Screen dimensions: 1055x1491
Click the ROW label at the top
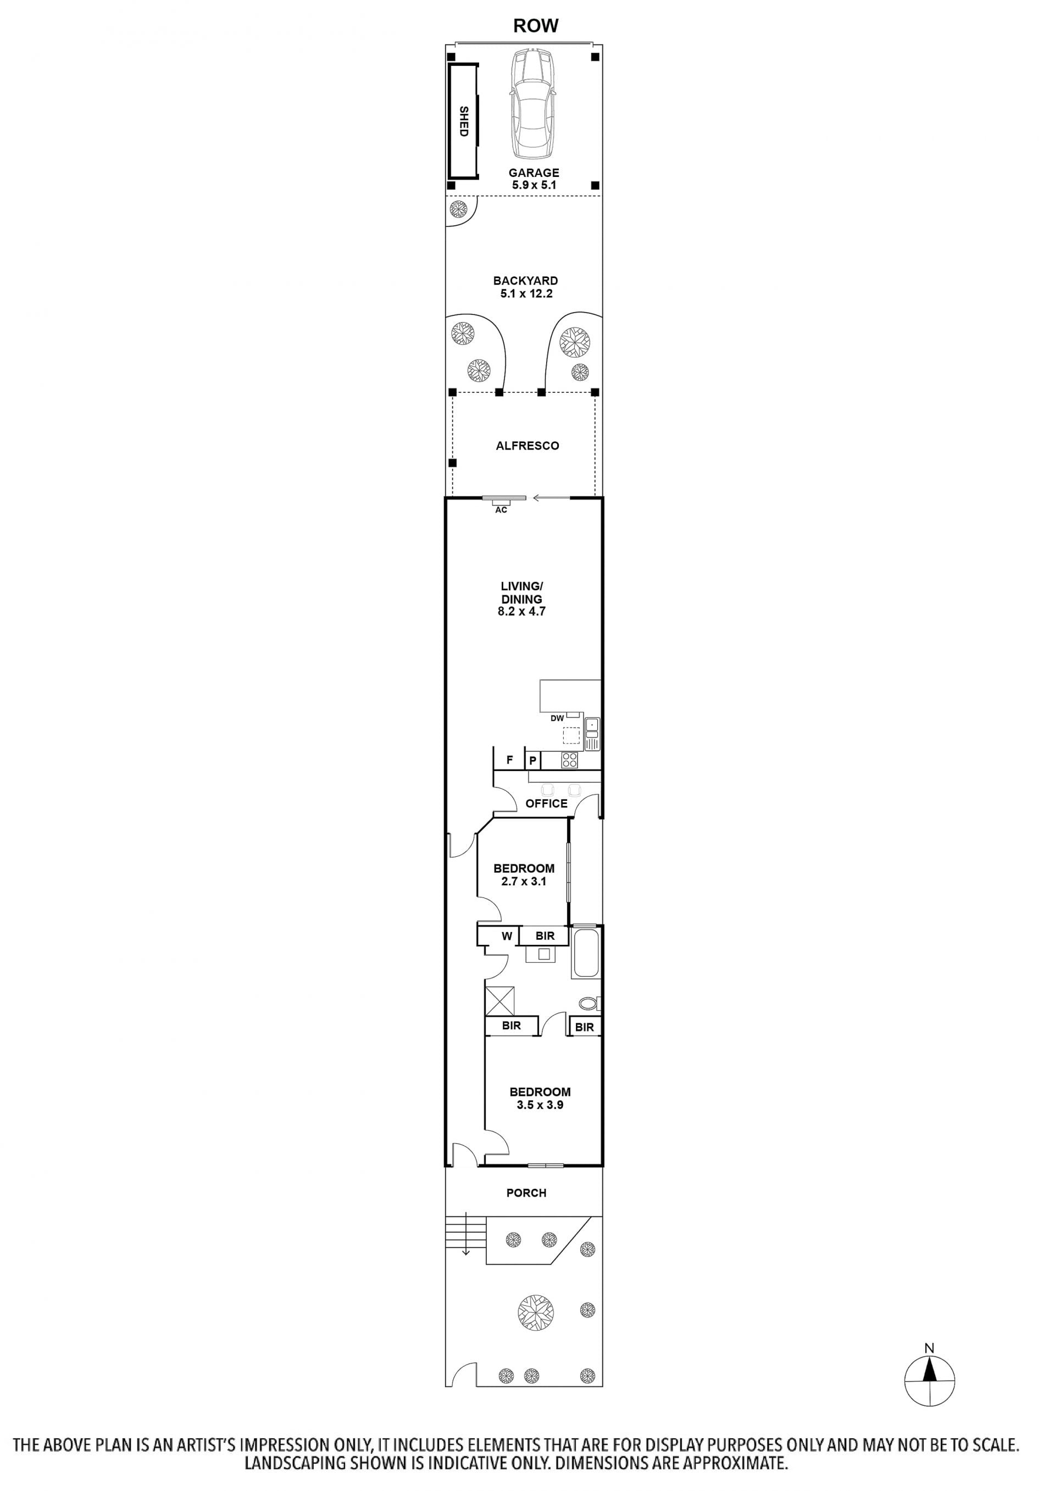[535, 25]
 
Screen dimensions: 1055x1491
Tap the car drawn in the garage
[532, 104]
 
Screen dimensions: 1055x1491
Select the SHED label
[463, 121]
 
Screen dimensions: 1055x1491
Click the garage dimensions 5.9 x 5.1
[534, 185]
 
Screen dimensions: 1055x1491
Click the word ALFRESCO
[527, 446]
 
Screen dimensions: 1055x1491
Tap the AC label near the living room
[501, 510]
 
